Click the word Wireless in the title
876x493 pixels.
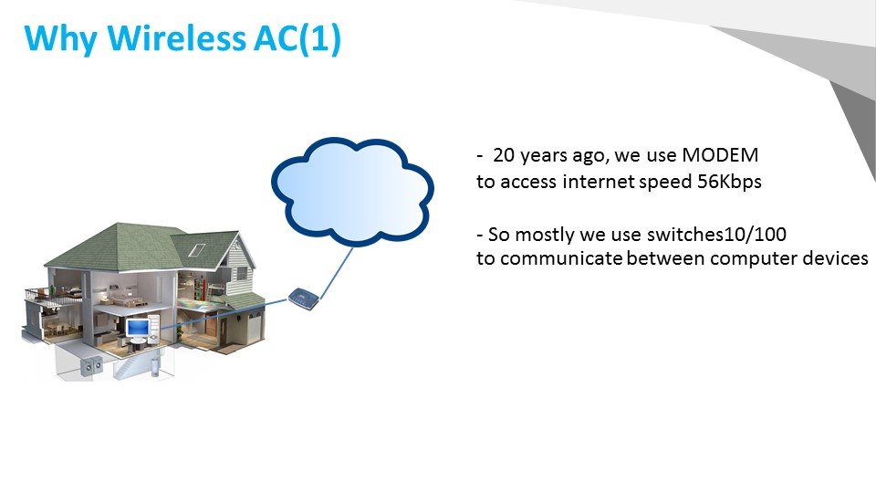pyautogui.click(x=176, y=38)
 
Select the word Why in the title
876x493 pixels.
pyautogui.click(x=61, y=39)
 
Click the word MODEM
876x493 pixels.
pyautogui.click(x=720, y=155)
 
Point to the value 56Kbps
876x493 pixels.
pyautogui.click(x=729, y=182)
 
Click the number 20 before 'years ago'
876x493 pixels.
pyautogui.click(x=504, y=155)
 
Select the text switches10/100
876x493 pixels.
pyautogui.click(x=717, y=235)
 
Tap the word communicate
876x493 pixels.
pyautogui.click(x=561, y=258)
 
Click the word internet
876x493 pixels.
pyautogui.click(x=599, y=182)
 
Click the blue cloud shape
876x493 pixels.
pyautogui.click(x=352, y=191)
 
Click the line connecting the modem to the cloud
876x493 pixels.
pyautogui.click(x=337, y=273)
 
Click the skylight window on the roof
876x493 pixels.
pyautogui.click(x=197, y=249)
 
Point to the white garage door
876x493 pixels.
pyautogui.click(x=254, y=330)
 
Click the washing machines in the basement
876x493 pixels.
pyautogui.click(x=91, y=366)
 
